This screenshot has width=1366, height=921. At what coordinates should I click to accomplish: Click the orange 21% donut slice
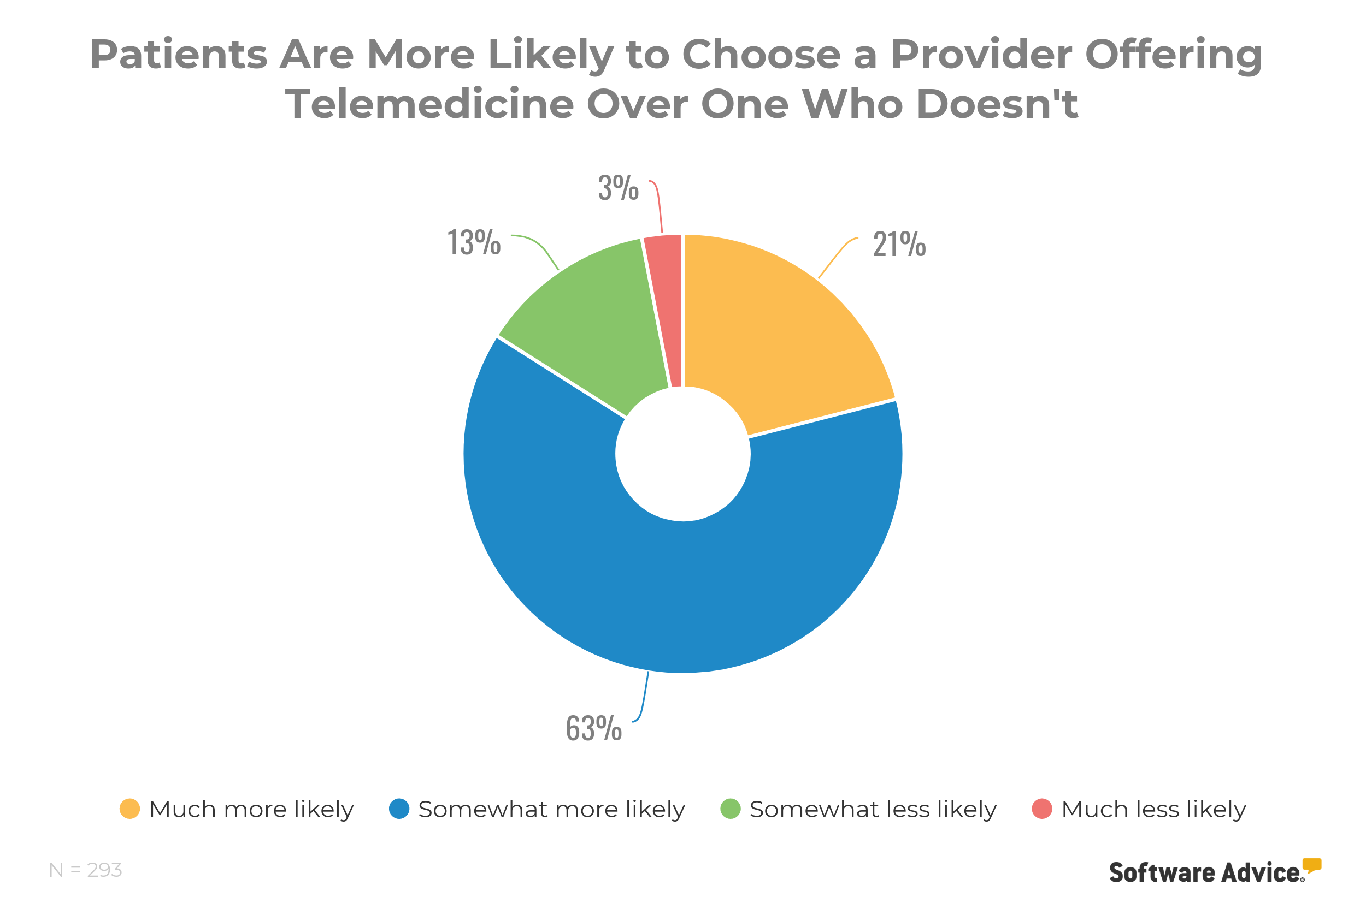click(787, 329)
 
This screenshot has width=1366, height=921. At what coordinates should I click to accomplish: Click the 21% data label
click(899, 245)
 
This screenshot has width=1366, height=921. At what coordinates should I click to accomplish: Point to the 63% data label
click(593, 728)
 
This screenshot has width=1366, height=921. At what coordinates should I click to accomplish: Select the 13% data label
click(474, 242)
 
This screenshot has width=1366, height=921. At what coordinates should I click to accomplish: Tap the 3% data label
click(618, 188)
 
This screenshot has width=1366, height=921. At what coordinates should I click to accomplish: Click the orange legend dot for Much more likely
click(130, 809)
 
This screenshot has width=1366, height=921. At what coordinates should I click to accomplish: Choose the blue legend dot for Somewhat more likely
click(399, 809)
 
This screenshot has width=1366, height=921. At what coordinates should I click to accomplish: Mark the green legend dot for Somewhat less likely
click(731, 809)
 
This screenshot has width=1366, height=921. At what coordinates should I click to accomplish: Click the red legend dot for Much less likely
click(1042, 809)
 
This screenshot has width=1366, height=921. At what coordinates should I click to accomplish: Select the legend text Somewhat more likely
click(551, 810)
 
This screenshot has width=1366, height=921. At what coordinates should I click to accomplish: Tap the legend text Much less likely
click(1153, 810)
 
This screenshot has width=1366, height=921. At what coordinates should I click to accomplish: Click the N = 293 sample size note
click(86, 870)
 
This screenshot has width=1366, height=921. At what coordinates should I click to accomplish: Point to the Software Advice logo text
click(1205, 873)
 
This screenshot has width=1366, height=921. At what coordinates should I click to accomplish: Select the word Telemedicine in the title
click(429, 104)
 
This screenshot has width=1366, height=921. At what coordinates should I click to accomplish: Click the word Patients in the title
click(179, 55)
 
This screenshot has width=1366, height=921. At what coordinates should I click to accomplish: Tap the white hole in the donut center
click(683, 454)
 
